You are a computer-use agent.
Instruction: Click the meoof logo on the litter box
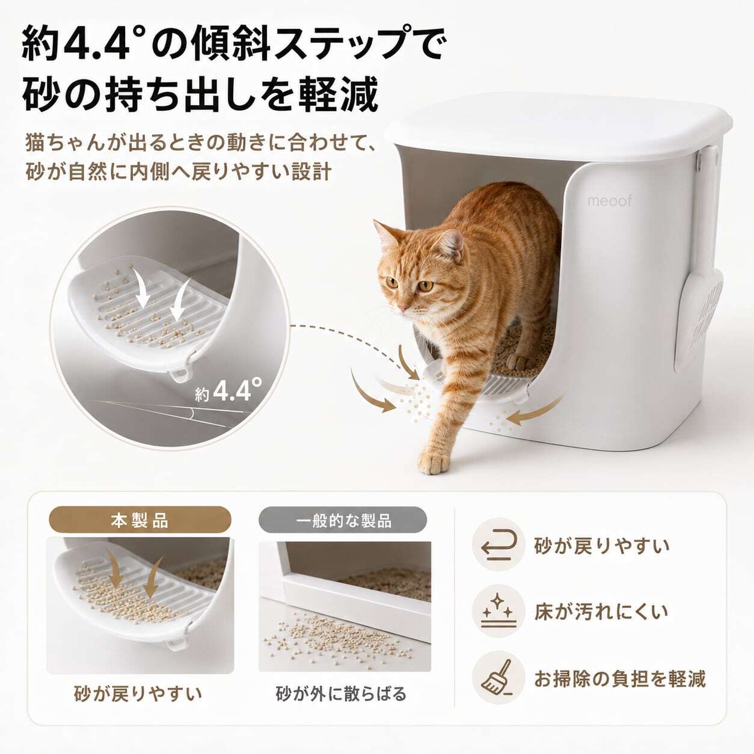(610, 201)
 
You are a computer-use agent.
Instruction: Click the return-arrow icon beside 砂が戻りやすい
(498, 545)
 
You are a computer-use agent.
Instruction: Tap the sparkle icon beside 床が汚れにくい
(498, 611)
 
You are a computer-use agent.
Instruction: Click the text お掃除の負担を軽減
(620, 678)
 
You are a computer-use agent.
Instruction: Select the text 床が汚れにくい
(601, 611)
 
